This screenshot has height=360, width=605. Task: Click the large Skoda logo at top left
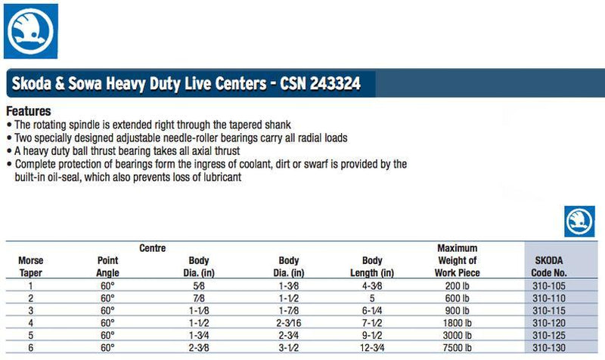(31, 30)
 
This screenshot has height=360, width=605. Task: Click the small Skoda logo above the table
(579, 221)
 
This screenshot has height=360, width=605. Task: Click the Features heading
(28, 111)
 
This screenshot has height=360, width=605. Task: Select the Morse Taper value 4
(30, 323)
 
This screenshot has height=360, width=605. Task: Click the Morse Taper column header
(30, 266)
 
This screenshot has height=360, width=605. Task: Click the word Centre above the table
(152, 248)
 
